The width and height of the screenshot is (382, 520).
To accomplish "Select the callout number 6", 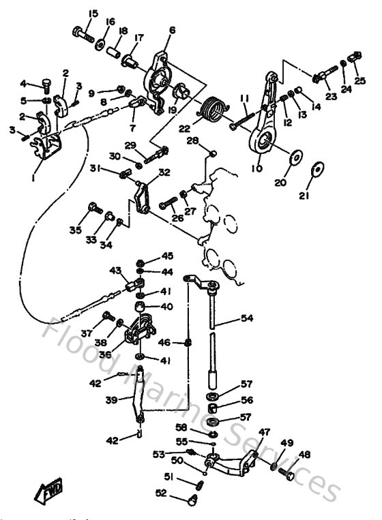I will pyautogui.click(x=172, y=30).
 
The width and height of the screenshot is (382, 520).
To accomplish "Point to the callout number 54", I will pyautogui.click(x=246, y=318).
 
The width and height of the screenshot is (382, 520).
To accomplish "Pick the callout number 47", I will pyautogui.click(x=264, y=431).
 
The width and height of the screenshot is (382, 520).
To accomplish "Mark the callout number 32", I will pyautogui.click(x=164, y=172).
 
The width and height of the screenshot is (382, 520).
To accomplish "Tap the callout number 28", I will pyautogui.click(x=193, y=141).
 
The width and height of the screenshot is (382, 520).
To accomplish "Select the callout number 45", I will pyautogui.click(x=168, y=256).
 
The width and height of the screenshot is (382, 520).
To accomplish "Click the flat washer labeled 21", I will pyautogui.click(x=317, y=168).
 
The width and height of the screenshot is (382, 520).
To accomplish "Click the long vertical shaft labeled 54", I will pyautogui.click(x=215, y=334).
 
